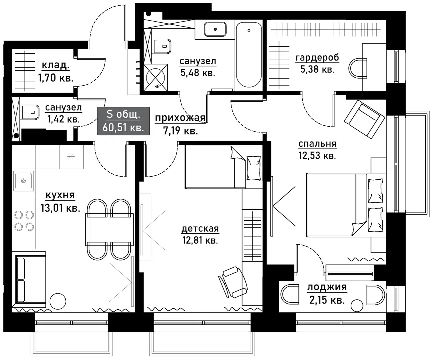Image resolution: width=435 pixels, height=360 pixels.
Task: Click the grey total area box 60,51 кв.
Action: (123, 121)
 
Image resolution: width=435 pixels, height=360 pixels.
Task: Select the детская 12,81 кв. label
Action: (200, 234)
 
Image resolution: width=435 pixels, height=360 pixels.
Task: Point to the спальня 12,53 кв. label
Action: (317, 149)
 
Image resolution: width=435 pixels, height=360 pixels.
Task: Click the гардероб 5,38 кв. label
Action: (317, 63)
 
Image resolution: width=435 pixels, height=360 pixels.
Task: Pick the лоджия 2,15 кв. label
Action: (327, 293)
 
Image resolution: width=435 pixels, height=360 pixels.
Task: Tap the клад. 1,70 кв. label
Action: (55, 72)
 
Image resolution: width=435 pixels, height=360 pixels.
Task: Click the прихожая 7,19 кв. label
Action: (180, 124)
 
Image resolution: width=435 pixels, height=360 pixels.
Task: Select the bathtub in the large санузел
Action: (248, 55)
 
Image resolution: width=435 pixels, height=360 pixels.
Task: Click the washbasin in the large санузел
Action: (215, 29)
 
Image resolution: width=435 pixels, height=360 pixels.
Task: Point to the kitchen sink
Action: (23, 181)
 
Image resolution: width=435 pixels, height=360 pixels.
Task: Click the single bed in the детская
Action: (222, 167)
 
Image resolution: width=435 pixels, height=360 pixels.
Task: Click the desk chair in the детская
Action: (233, 282)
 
